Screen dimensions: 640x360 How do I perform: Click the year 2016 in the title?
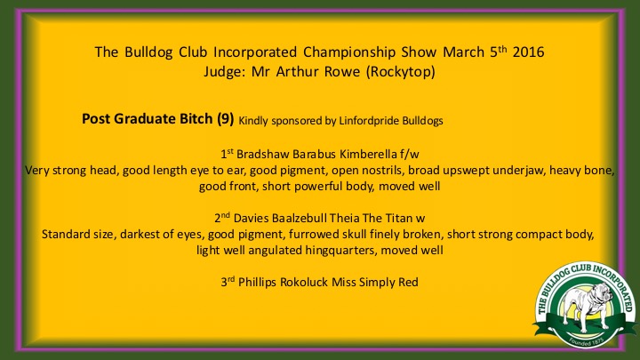pos(528,52)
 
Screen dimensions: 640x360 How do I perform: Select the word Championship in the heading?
pos(349,52)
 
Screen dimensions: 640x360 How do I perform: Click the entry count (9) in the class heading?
pos(225,119)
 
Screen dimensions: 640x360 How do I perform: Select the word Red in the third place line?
pos(410,283)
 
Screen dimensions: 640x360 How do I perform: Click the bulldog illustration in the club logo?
pos(586,306)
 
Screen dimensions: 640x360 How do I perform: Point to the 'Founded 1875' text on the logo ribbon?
pos(586,340)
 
